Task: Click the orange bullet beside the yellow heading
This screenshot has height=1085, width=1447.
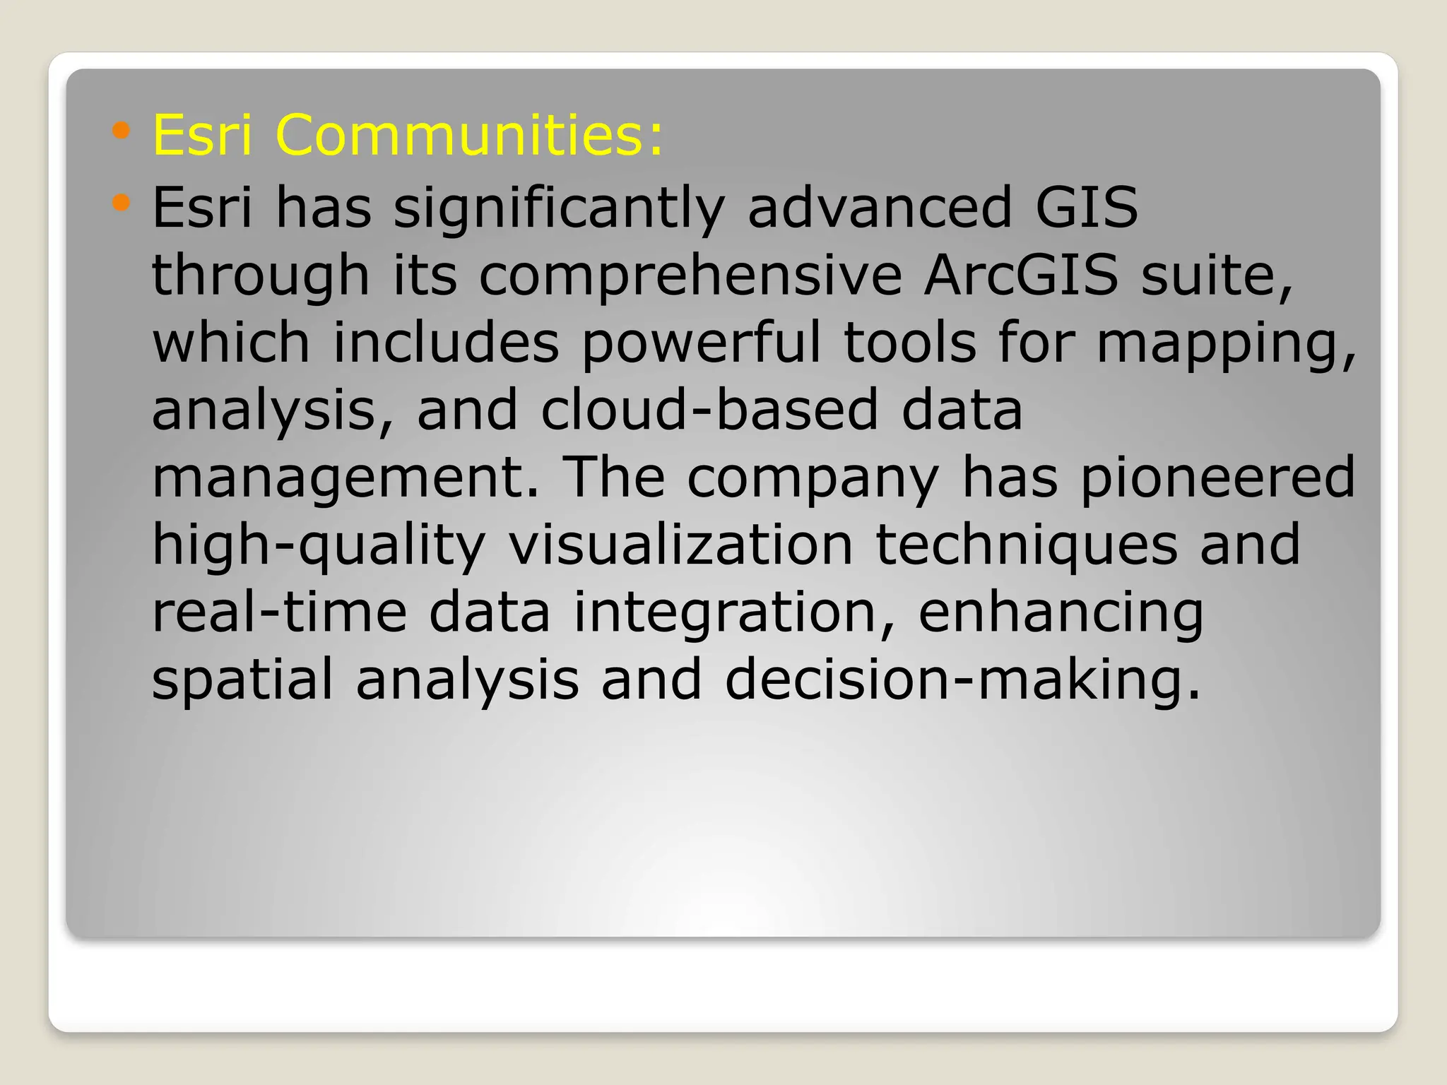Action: tap(122, 130)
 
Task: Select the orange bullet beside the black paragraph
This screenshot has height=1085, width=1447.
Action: tap(122, 203)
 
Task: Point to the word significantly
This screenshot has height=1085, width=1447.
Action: tap(559, 208)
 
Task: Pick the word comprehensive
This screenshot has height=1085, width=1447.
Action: tap(690, 276)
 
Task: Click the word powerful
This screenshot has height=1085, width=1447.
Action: tap(701, 343)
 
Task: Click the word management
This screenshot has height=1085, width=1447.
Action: tap(345, 478)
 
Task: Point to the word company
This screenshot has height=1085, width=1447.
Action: tap(813, 478)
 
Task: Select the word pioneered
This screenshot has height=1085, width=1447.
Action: tap(1217, 478)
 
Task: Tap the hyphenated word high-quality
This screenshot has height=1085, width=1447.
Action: tap(319, 545)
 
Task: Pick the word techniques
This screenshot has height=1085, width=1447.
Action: tap(1027, 545)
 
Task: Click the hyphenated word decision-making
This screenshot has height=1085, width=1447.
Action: tap(962, 680)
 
